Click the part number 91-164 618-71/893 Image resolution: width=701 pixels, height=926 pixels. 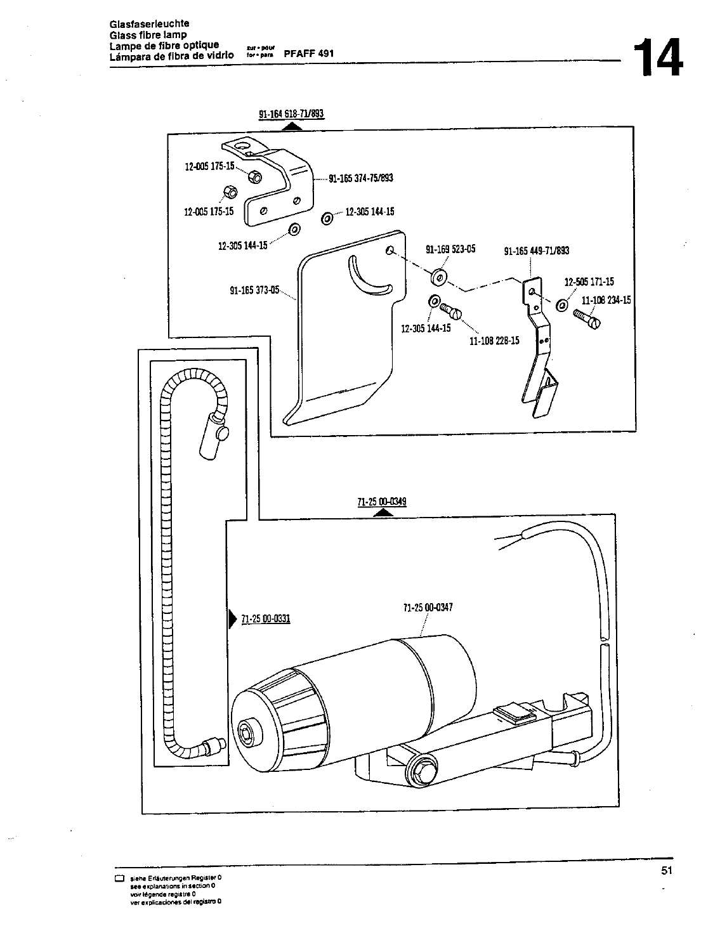(x=291, y=114)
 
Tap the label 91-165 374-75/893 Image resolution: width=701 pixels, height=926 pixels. (x=360, y=178)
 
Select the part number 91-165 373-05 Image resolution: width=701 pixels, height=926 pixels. (x=254, y=290)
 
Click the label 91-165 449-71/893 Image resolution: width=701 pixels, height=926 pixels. (x=536, y=251)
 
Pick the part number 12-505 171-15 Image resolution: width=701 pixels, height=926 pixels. (x=589, y=282)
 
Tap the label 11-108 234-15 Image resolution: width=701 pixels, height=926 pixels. (x=606, y=300)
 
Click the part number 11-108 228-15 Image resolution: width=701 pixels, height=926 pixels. (x=494, y=341)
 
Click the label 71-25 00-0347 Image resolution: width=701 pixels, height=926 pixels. (x=428, y=607)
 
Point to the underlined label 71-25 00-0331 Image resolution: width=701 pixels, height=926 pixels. (x=265, y=618)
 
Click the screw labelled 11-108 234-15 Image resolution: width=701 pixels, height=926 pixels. (x=587, y=318)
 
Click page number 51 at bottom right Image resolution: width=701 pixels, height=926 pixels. (x=665, y=870)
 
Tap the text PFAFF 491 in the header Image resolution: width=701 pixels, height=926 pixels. (x=308, y=54)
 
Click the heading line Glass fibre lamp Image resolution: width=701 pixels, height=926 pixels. (x=139, y=35)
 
